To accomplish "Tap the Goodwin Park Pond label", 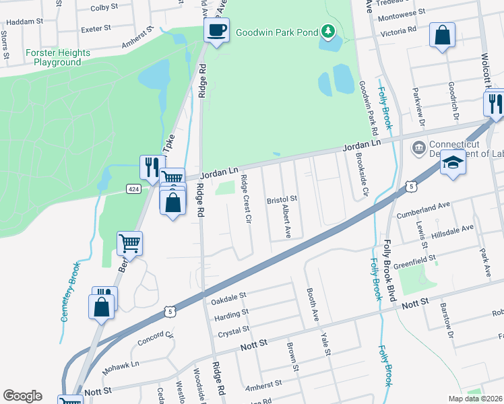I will click(276, 32).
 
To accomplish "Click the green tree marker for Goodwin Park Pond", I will click(327, 31).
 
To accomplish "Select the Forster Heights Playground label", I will click(57, 57).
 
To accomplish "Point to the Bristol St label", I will click(282, 200).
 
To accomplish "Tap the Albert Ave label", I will click(287, 223).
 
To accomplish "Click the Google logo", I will click(22, 396).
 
